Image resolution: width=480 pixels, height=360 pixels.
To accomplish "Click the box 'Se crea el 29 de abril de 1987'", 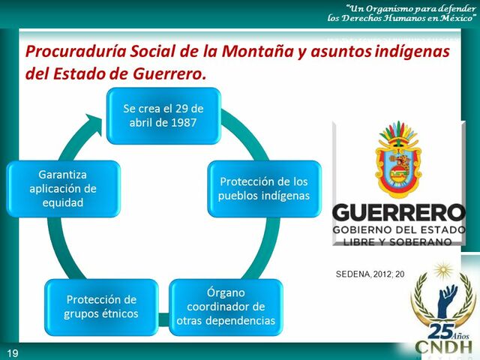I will pyautogui.click(x=163, y=115).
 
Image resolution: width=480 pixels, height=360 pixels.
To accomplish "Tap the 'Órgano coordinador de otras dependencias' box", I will pyautogui.click(x=226, y=307).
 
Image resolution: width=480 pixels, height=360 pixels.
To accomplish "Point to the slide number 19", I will pyautogui.click(x=13, y=352).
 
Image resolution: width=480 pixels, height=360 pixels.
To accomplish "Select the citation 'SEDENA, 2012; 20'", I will pyautogui.click(x=370, y=274).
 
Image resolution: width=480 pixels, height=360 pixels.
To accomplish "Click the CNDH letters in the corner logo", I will pyautogui.click(x=444, y=349).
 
